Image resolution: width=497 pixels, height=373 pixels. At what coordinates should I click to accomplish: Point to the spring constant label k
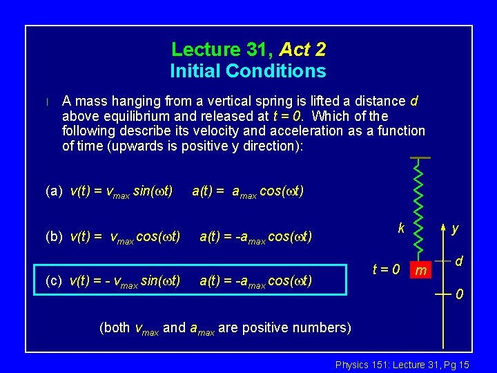coord(400,227)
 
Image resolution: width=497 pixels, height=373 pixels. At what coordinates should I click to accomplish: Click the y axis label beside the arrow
coord(456,228)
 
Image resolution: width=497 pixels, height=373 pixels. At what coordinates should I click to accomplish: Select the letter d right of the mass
coord(458,261)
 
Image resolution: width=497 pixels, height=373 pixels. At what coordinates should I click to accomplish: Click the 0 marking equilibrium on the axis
coord(459,296)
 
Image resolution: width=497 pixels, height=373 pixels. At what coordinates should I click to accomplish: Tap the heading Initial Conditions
coord(248,71)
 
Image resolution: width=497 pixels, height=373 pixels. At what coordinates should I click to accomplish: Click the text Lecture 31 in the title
coord(222,50)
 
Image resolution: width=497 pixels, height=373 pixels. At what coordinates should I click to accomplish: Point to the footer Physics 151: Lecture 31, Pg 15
coord(402,364)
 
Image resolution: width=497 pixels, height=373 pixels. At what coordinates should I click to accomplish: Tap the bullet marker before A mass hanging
coord(47,102)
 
